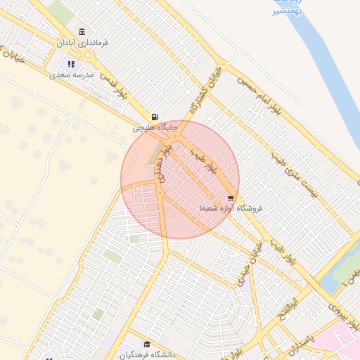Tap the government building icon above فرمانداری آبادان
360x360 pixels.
83,32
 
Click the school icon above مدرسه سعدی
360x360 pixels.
71,64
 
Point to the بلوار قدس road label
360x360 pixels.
112,86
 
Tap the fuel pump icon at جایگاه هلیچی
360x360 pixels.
154,116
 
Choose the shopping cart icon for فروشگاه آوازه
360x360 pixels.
231,198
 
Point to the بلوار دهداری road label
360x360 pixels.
165,164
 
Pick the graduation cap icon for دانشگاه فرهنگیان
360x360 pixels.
146,343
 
